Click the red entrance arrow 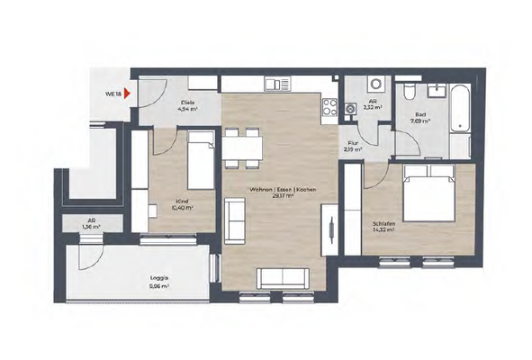(128, 92)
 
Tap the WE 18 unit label (113, 92)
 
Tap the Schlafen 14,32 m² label (383, 227)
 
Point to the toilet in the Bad (409, 91)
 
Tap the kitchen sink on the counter (275, 85)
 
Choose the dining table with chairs (243, 147)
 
